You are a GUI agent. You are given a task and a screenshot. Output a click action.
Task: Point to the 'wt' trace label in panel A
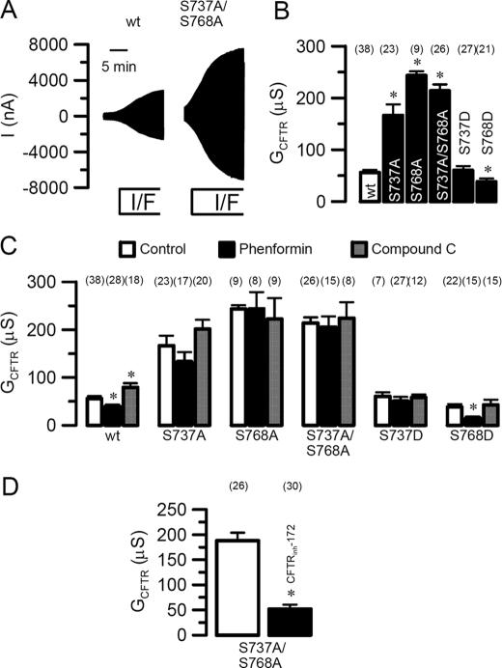[x=134, y=18]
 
